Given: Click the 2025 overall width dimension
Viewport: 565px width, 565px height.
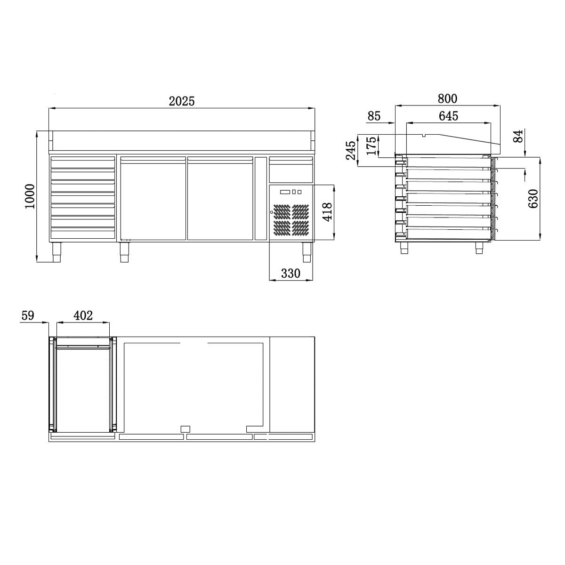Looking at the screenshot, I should click(x=182, y=101).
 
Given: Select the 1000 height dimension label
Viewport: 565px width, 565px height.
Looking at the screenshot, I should click(x=30, y=196).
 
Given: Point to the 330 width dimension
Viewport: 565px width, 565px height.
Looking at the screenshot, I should click(x=291, y=274).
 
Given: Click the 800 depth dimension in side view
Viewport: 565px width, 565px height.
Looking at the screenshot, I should click(x=447, y=98).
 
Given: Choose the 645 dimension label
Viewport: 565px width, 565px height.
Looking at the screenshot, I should click(x=448, y=116).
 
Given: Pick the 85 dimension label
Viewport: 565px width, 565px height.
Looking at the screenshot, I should click(x=374, y=116).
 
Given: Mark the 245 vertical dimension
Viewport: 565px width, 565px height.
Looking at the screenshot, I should click(x=350, y=150).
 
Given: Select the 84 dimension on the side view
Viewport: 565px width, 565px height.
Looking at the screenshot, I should click(x=518, y=137).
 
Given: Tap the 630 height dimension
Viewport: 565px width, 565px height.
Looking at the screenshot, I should click(x=533, y=199).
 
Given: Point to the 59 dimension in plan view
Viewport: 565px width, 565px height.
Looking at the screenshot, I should click(x=28, y=315).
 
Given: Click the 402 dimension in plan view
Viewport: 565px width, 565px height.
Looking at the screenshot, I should click(x=83, y=315).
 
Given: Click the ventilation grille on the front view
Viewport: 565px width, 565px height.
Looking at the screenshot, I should click(x=291, y=219).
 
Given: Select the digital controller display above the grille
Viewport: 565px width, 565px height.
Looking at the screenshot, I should click(x=285, y=192).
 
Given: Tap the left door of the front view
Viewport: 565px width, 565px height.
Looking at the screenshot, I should click(x=153, y=199).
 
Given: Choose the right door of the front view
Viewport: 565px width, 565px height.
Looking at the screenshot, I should click(x=220, y=199).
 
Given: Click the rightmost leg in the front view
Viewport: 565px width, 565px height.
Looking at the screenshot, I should click(x=307, y=252).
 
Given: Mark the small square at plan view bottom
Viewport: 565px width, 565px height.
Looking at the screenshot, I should click(x=186, y=428).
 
